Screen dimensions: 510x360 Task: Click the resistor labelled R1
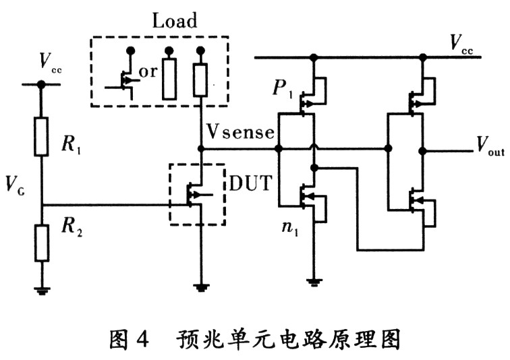(x=41, y=137)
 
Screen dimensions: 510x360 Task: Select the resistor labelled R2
(x=42, y=243)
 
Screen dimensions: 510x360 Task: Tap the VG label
(x=16, y=185)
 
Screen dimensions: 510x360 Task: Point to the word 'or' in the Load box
(x=148, y=72)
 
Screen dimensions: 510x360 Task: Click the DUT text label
(x=250, y=183)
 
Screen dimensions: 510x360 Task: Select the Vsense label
(x=240, y=132)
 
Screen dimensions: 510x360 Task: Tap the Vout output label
(x=490, y=145)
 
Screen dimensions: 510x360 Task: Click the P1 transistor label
(x=283, y=88)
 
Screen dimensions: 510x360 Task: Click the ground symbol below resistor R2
(x=42, y=290)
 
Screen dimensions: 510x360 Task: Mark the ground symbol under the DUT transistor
(x=201, y=287)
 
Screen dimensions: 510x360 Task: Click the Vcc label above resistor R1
(x=50, y=62)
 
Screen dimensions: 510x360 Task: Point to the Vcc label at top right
(x=461, y=43)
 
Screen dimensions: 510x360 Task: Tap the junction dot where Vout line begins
(x=422, y=151)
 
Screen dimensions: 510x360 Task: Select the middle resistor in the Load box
(x=169, y=79)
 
